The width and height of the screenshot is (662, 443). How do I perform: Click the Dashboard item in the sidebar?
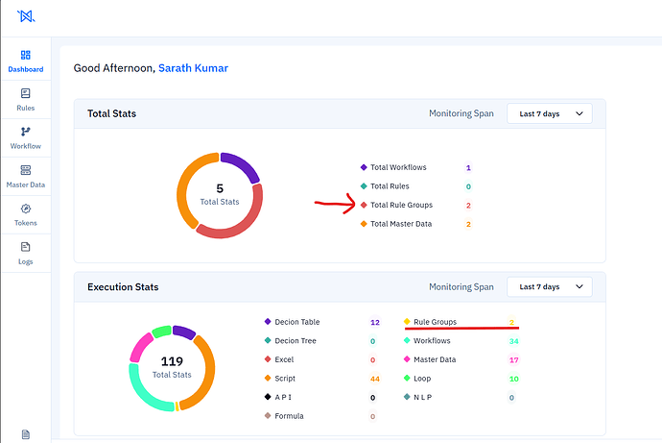click(x=26, y=61)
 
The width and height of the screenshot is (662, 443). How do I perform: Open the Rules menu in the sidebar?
click(x=26, y=100)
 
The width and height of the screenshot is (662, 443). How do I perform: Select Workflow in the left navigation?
click(x=26, y=138)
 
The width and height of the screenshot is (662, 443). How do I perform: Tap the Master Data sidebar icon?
click(x=26, y=170)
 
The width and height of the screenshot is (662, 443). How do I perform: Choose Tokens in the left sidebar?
click(x=26, y=214)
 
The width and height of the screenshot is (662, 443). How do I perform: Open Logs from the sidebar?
click(x=26, y=253)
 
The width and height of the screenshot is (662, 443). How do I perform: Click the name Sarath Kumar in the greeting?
click(x=193, y=68)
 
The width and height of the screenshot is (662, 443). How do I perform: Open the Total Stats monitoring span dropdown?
click(x=550, y=113)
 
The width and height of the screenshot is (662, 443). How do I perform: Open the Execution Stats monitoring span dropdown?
click(x=550, y=287)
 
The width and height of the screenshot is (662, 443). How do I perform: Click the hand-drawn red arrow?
click(x=335, y=204)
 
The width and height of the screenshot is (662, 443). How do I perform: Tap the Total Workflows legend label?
click(x=398, y=167)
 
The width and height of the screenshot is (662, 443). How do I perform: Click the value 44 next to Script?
click(x=375, y=379)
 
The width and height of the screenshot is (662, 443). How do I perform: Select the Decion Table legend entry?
click(x=292, y=322)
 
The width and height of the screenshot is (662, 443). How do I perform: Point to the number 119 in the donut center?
click(x=172, y=361)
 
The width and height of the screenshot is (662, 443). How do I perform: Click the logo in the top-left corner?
click(x=26, y=16)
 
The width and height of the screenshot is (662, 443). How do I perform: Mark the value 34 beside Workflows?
click(x=514, y=341)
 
